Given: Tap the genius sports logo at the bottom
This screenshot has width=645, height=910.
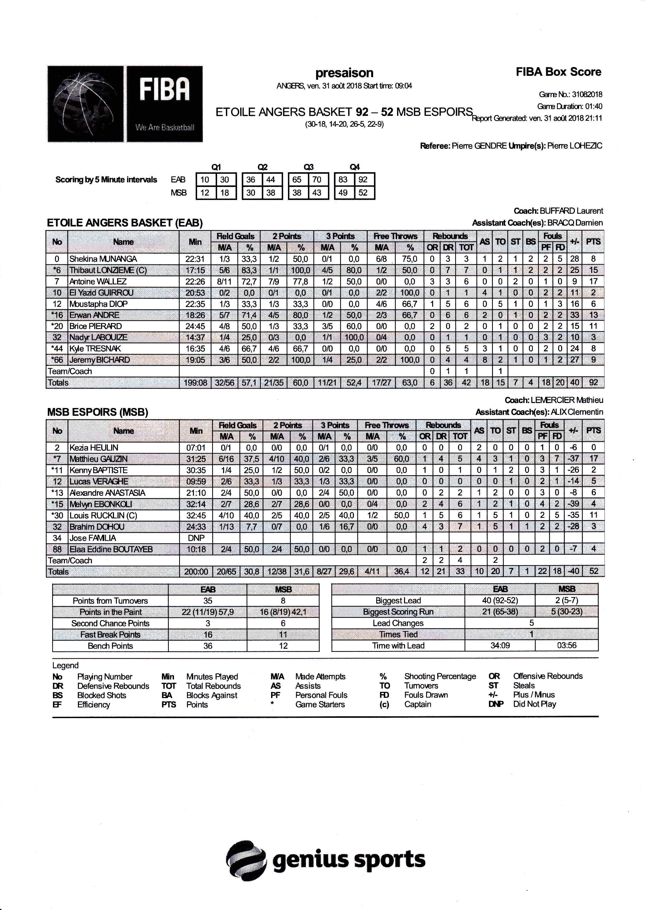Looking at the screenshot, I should pos(325,860).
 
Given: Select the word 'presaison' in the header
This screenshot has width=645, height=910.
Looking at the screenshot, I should pos(344,73).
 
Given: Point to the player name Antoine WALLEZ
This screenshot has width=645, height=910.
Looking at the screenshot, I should pos(98,282).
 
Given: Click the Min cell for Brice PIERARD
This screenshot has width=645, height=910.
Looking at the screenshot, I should pos(195,326).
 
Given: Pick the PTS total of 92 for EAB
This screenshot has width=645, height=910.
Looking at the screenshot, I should pos(593,383).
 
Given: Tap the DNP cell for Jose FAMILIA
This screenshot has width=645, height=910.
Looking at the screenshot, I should pos(196,538).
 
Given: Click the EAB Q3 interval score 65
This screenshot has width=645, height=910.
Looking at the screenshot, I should pos(297,179).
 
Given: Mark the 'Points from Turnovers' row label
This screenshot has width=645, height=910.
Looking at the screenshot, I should pos(110,601).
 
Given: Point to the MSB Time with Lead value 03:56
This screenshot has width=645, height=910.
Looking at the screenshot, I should pos(566,645).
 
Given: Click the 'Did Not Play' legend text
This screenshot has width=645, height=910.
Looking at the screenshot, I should pos(535,704).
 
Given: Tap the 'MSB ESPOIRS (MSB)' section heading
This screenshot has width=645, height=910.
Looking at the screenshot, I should pos(98,412).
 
